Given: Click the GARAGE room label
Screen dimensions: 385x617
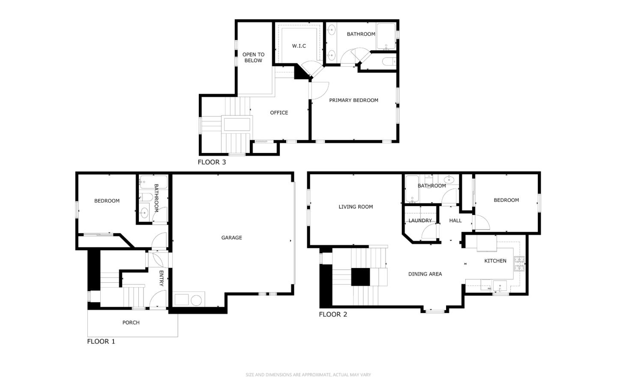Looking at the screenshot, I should pyautogui.click(x=231, y=238).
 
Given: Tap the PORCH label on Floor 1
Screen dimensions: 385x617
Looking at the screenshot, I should pyautogui.click(x=131, y=322).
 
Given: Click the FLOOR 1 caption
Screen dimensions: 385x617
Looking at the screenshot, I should pyautogui.click(x=101, y=341).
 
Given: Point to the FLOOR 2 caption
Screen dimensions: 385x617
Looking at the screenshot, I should pyautogui.click(x=332, y=314).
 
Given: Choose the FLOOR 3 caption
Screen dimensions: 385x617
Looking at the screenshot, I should pyautogui.click(x=211, y=162).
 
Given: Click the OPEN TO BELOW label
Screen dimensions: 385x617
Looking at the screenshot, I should pyautogui.click(x=253, y=57).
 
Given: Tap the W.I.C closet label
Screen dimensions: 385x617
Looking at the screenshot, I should pyautogui.click(x=299, y=46).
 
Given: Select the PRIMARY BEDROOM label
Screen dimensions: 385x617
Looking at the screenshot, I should pyautogui.click(x=353, y=100).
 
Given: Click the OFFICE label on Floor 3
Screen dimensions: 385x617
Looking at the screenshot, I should pyautogui.click(x=279, y=113).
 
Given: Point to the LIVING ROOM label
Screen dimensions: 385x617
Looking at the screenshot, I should pyautogui.click(x=356, y=207).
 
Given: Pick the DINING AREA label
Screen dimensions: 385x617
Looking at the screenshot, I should pyautogui.click(x=425, y=274).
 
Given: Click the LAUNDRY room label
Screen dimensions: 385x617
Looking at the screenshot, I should pyautogui.click(x=420, y=221).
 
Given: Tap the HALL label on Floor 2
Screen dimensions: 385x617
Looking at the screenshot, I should pyautogui.click(x=455, y=221).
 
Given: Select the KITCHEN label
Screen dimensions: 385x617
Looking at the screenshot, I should pyautogui.click(x=495, y=261).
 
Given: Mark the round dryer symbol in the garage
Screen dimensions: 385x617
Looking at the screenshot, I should pyautogui.click(x=196, y=300).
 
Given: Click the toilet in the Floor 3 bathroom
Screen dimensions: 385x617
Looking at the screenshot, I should pyautogui.click(x=389, y=62).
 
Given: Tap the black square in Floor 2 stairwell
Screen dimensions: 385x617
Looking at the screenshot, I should pyautogui.click(x=360, y=277).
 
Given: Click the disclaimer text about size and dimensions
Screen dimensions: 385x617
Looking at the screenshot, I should pyautogui.click(x=308, y=375).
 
